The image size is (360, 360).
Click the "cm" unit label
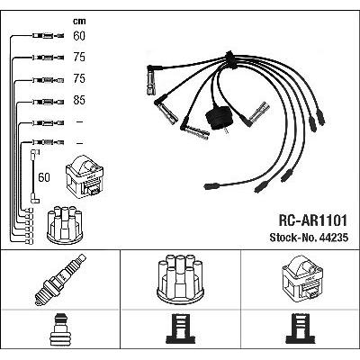tap(79, 21)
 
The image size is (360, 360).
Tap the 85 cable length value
tap(79, 100)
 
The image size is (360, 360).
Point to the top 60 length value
tap(79, 36)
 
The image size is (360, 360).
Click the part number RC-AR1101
tap(313, 220)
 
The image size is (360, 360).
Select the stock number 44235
tap(334, 238)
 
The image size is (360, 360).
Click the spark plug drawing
tap(60, 280)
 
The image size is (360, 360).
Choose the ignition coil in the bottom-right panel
tap(302, 278)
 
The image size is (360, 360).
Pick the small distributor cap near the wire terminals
tap(65, 225)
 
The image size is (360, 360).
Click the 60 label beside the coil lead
tap(44, 177)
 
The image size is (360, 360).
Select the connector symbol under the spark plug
tap(60, 329)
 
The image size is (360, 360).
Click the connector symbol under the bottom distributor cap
tap(180, 329)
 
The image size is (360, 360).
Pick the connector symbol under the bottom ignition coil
tap(301, 329)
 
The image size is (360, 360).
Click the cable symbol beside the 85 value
tap(48, 102)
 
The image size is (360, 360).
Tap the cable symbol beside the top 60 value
tap(48, 36)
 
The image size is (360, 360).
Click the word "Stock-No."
tap(293, 238)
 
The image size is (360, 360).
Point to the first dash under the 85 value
tap(79, 121)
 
